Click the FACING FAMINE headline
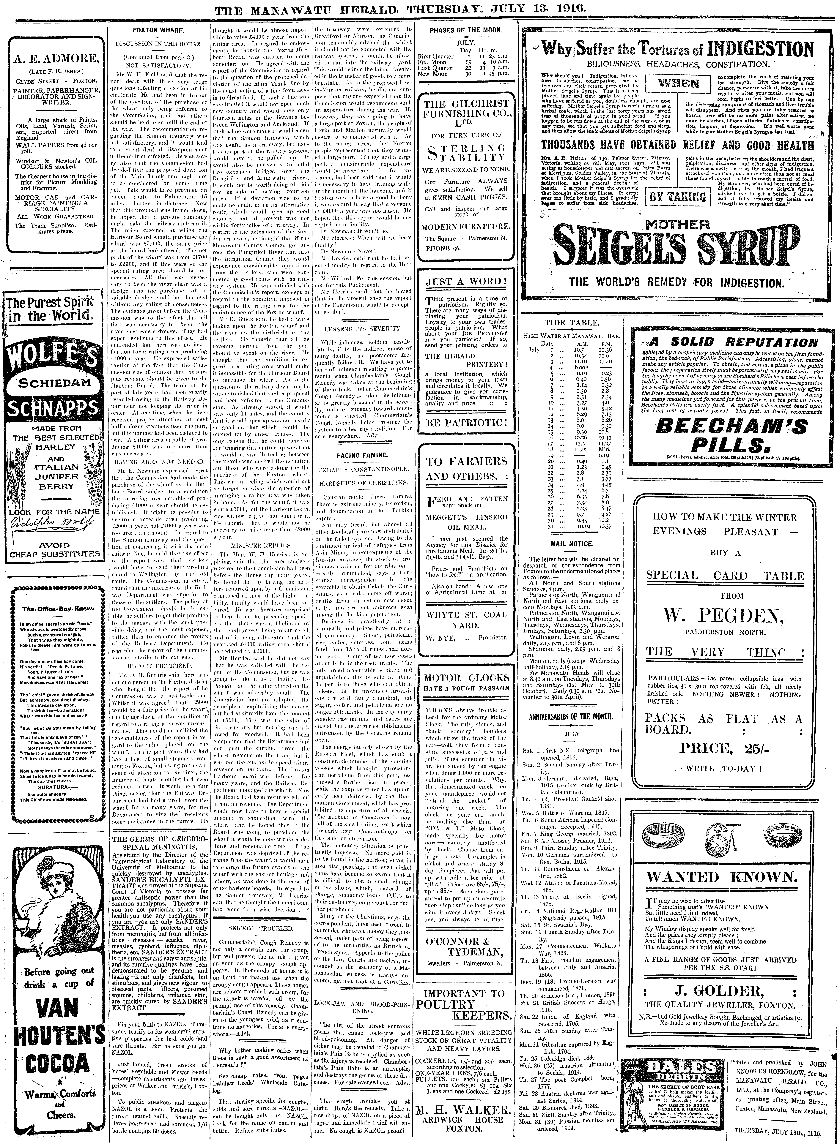[362, 455]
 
